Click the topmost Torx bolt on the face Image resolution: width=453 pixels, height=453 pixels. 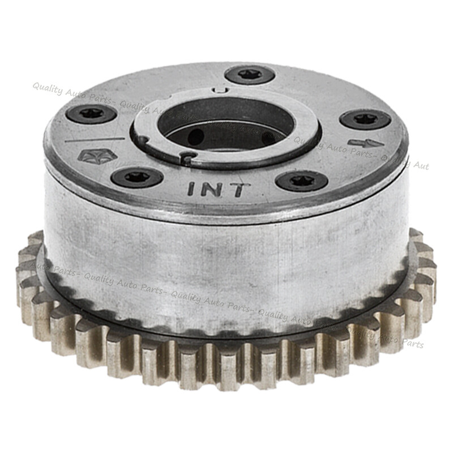249,75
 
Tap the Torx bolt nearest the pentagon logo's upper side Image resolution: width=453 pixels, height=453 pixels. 91,114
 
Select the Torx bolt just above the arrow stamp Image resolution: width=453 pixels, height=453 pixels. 365,119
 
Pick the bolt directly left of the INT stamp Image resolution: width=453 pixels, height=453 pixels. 137,177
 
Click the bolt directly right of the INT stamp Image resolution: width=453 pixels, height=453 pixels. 301,181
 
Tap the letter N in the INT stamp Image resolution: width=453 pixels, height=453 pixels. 213,190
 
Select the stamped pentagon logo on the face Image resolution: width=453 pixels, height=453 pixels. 90,157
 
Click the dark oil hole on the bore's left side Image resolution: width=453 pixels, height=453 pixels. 195,136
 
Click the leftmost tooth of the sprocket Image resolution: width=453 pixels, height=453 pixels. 24,277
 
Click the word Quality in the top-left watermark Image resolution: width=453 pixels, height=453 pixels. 48,87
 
